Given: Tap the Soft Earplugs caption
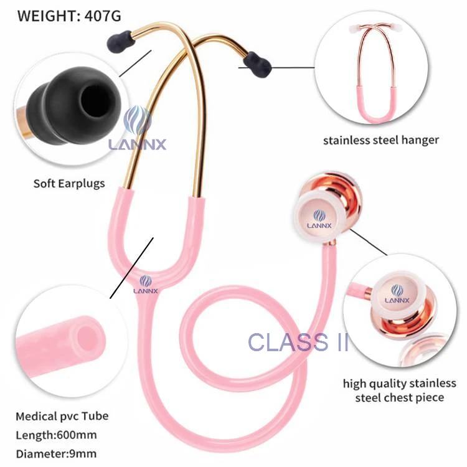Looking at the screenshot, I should pos(69,183).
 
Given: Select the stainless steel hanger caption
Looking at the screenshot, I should pos(380,139).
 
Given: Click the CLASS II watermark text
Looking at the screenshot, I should pos(298,342).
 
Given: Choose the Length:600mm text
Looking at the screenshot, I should pos(56,435).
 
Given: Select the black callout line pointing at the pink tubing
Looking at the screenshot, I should pos(130,267).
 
